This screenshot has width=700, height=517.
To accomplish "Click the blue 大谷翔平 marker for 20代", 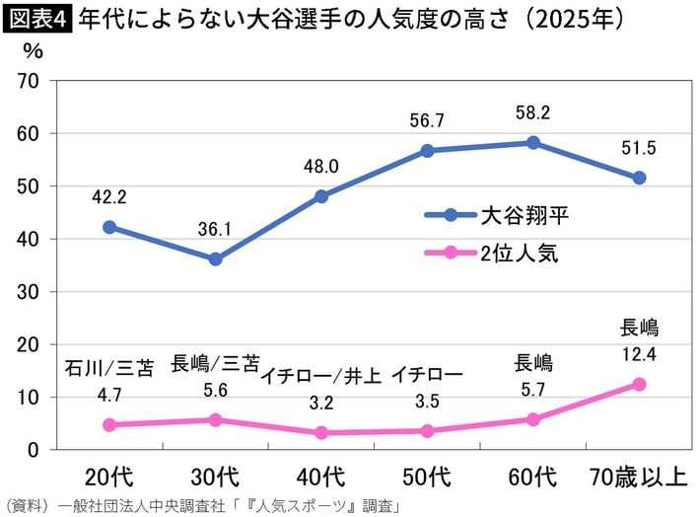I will [109, 227].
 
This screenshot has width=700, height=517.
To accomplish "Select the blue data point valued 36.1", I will [215, 258].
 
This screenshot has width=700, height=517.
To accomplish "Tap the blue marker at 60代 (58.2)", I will [533, 142].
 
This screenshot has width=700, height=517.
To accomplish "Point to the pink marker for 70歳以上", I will [639, 384].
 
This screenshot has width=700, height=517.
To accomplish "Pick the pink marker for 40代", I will [321, 432].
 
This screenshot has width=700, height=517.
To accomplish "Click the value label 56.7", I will [427, 120].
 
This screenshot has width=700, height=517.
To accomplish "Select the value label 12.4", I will [639, 352].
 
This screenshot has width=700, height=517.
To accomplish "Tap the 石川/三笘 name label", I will [109, 368].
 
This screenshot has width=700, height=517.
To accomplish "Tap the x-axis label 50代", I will [427, 479].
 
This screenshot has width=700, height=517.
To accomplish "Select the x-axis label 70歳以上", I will [639, 479].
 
